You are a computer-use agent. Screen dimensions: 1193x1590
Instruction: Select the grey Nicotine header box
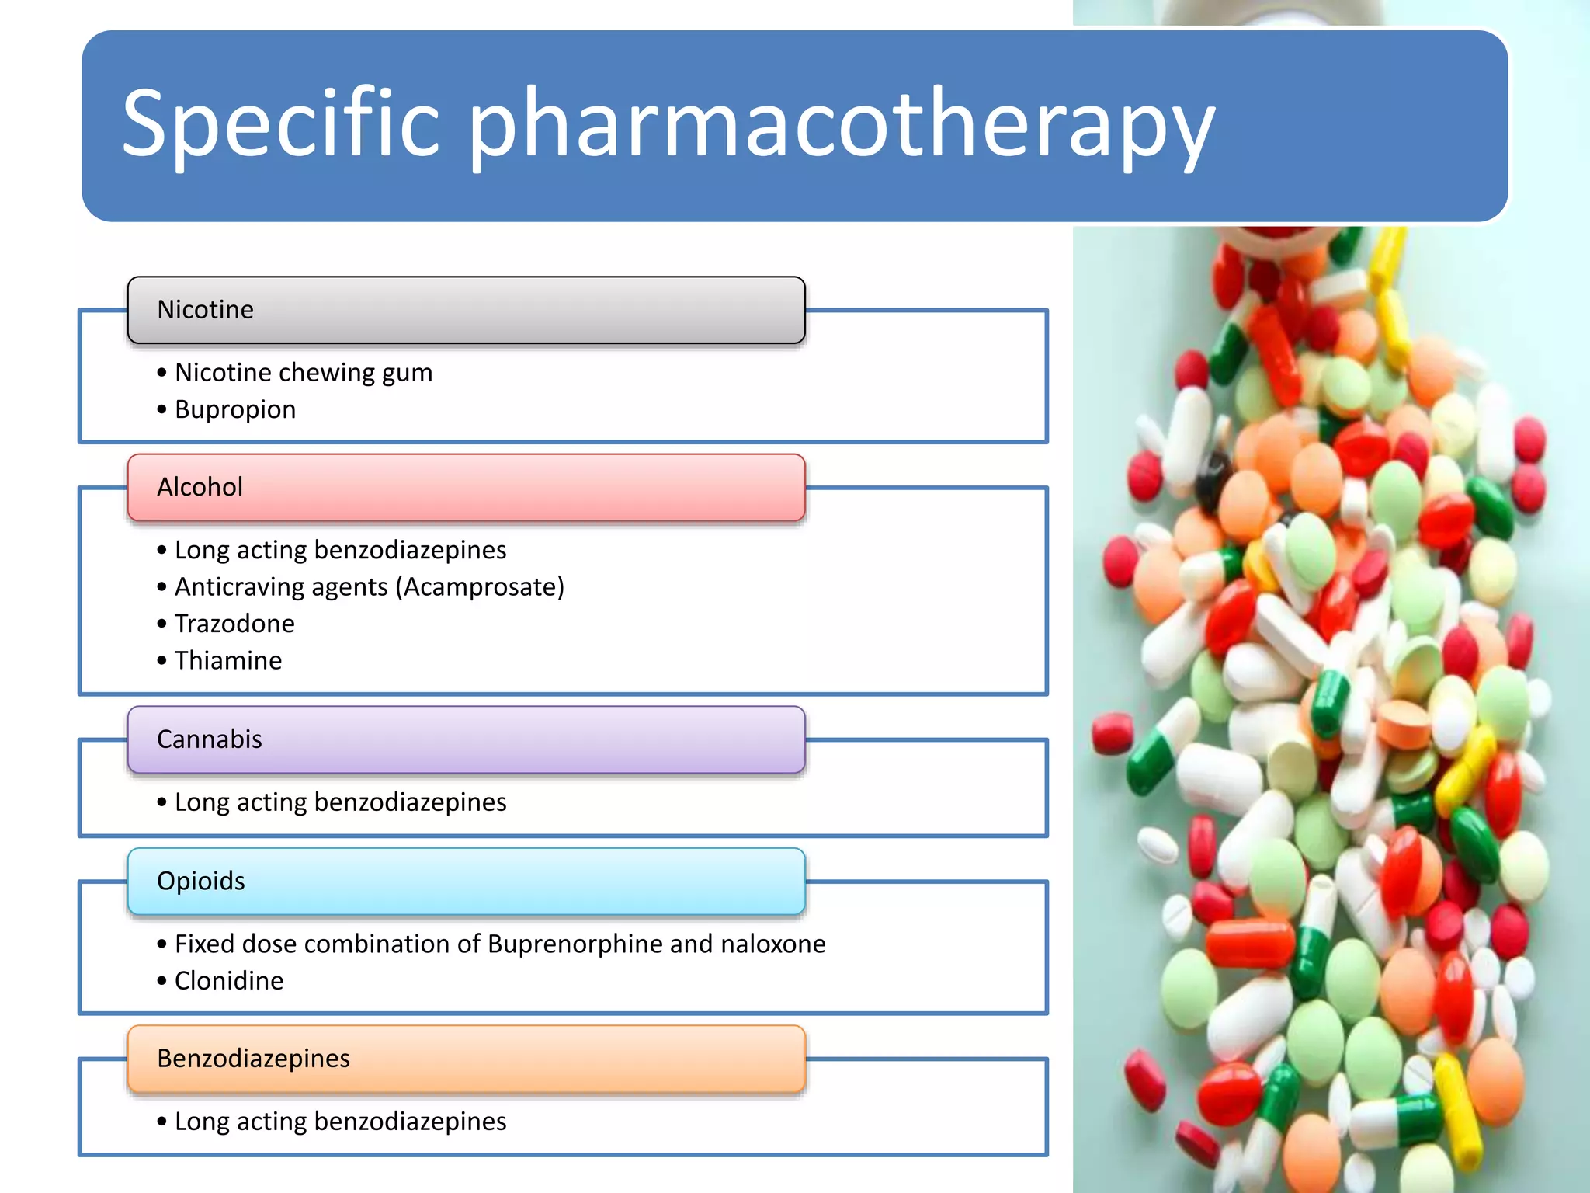coord(466,310)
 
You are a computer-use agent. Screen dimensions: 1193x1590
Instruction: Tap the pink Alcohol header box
coord(466,487)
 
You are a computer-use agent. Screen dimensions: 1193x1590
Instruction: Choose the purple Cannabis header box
coord(466,739)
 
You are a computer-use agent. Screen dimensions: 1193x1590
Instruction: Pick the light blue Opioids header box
coord(466,881)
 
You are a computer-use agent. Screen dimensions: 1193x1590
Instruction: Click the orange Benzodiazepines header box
coord(466,1059)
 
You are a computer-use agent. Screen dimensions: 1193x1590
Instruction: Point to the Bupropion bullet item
coord(235,409)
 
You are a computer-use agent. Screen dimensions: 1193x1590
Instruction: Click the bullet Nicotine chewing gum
coord(303,373)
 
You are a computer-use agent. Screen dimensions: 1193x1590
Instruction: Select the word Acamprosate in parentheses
coord(480,587)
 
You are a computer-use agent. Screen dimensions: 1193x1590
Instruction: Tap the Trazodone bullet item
coord(234,624)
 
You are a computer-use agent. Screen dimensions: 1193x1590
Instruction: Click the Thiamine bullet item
coord(228,660)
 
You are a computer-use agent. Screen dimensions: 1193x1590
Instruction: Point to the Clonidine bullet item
coord(229,981)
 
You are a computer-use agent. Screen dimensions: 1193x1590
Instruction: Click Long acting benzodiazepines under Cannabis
coord(340,802)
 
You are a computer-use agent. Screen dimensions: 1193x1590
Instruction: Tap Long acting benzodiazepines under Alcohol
coord(340,550)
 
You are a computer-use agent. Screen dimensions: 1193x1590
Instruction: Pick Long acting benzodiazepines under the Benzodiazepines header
coord(340,1122)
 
